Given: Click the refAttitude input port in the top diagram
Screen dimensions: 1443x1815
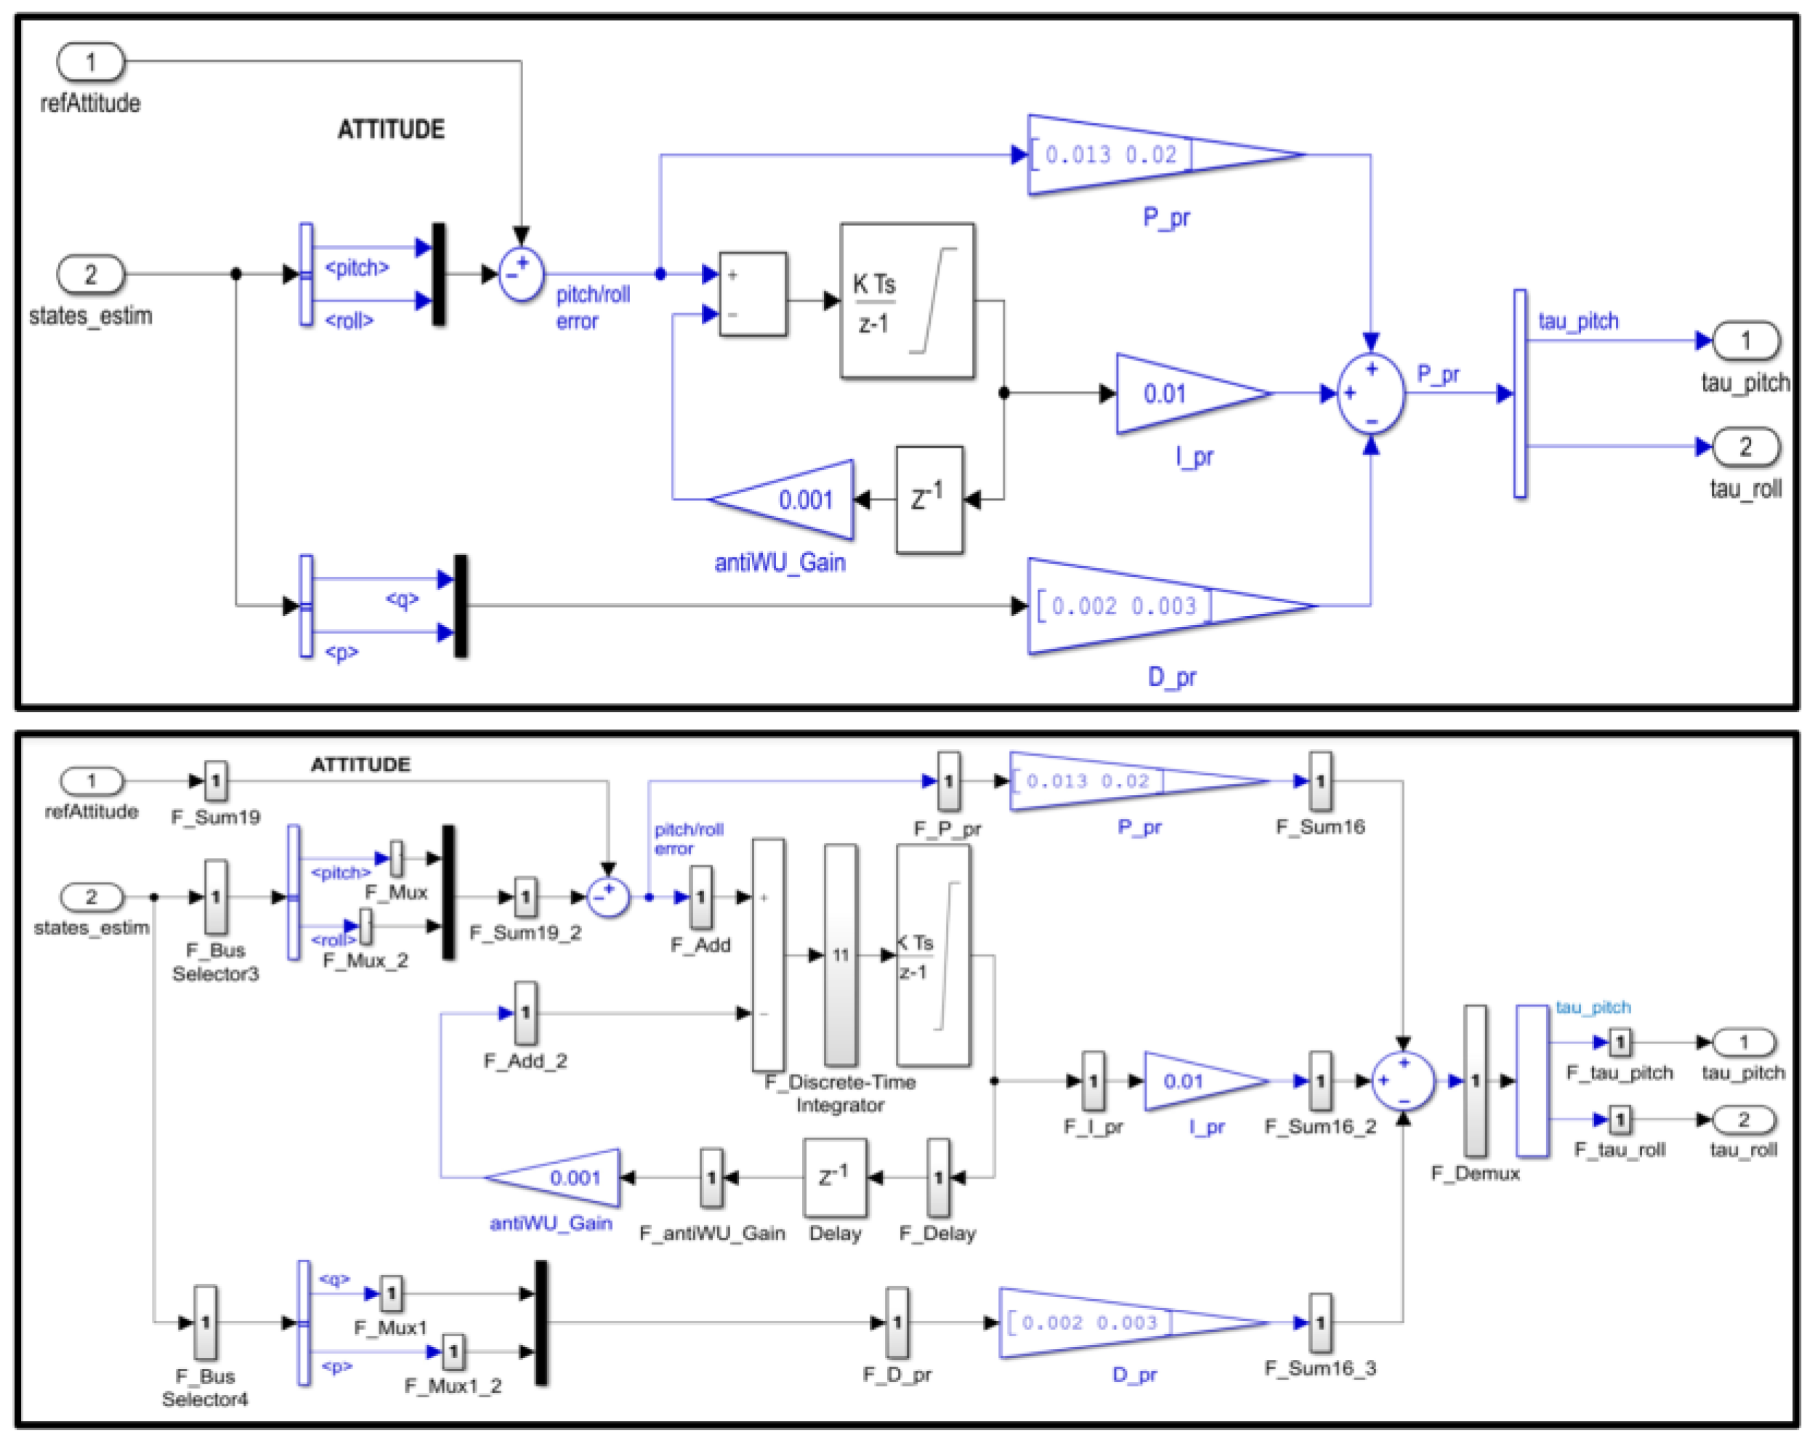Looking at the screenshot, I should (x=90, y=62).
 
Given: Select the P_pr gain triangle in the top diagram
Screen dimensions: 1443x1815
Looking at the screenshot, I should (x=1145, y=155).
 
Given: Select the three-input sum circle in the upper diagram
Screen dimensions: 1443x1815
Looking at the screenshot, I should (x=1370, y=393).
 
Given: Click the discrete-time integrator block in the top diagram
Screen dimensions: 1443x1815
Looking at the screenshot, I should (x=907, y=301).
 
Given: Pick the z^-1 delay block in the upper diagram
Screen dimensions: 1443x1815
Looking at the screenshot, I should (x=929, y=499).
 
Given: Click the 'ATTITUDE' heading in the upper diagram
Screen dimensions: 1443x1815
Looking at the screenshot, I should (x=391, y=129).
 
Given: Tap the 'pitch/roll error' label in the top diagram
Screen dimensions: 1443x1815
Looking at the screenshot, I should (x=592, y=307).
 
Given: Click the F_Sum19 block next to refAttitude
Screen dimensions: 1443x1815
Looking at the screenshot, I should (x=216, y=781).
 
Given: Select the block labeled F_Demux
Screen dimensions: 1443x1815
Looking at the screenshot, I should (x=1474, y=1080).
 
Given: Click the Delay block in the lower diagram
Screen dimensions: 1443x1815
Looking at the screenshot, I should (x=834, y=1177).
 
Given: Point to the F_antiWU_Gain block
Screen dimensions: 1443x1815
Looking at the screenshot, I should (x=711, y=1177).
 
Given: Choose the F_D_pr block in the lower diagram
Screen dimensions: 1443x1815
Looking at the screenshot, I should (x=897, y=1322).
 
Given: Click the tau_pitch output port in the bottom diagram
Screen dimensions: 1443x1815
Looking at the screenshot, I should (x=1744, y=1042).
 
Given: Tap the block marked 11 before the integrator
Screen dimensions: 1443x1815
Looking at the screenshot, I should (x=840, y=954).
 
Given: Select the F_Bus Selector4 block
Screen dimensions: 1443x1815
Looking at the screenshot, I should (x=206, y=1322).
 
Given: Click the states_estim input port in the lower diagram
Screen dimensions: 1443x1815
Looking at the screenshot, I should (x=91, y=897).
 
